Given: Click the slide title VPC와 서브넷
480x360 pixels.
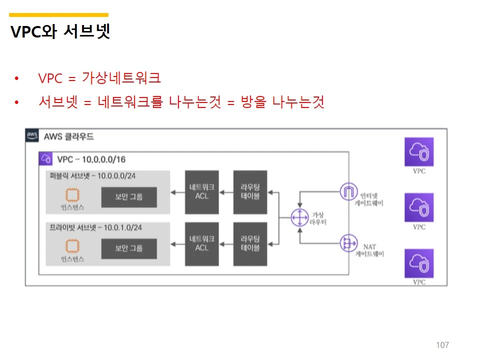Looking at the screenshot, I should (x=60, y=32).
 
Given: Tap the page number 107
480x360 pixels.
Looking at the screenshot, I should (x=442, y=345).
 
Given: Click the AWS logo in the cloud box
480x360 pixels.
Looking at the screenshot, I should (x=32, y=135).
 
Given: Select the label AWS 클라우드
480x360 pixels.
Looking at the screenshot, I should (x=68, y=136).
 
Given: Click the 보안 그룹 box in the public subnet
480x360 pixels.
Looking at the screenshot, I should (x=129, y=197).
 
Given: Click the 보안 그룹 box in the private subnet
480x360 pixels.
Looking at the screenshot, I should (x=129, y=248).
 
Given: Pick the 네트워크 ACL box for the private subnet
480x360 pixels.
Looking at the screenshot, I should (x=201, y=243).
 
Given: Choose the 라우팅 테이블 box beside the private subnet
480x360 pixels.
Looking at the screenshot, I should (x=250, y=243).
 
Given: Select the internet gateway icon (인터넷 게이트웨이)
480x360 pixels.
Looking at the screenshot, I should (x=347, y=191).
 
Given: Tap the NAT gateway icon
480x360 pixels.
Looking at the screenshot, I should (x=347, y=243).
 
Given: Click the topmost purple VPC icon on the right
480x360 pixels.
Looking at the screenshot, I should (x=419, y=152).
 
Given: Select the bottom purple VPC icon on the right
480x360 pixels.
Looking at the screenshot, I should (x=419, y=263).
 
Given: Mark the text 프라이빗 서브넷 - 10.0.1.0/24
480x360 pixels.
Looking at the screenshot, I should (x=95, y=227).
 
